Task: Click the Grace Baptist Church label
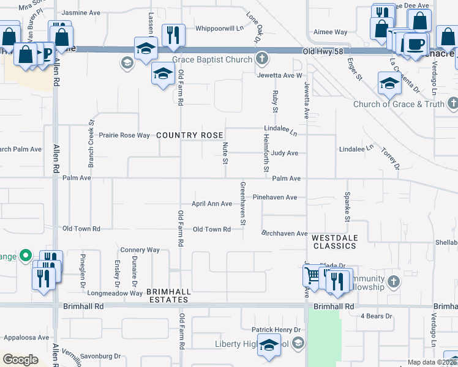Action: pyautogui.click(x=212, y=60)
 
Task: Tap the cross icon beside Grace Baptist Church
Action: pyautogui.click(x=262, y=59)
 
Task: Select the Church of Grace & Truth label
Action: pyautogui.click(x=399, y=104)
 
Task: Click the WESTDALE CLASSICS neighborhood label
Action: pyautogui.click(x=334, y=241)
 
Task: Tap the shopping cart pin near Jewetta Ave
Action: pyautogui.click(x=313, y=276)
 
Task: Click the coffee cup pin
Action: pyautogui.click(x=416, y=43)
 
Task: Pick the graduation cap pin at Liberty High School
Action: pyautogui.click(x=269, y=346)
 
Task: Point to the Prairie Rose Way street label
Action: pyautogui.click(x=125, y=135)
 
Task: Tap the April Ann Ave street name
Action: pyautogui.click(x=212, y=204)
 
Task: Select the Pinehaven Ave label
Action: pyautogui.click(x=275, y=198)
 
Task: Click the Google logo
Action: pyautogui.click(x=20, y=360)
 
